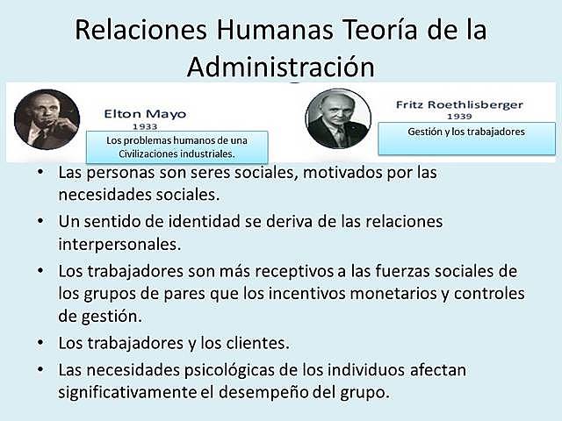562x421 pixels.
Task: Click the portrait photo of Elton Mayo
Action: point(47,118)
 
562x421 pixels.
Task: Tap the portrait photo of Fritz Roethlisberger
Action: point(338,118)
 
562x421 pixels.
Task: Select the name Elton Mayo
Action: point(145,113)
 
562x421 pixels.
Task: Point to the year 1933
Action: point(145,126)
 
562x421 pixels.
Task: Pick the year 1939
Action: point(460,116)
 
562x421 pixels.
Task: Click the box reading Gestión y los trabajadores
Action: point(466,132)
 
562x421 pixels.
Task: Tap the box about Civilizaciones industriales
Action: point(177,146)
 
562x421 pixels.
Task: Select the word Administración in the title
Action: point(281,66)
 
